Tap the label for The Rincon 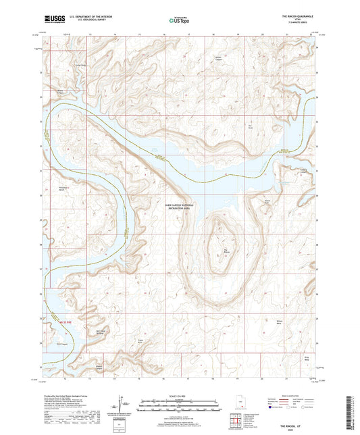point(226,254)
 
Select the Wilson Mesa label point(278,322)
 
